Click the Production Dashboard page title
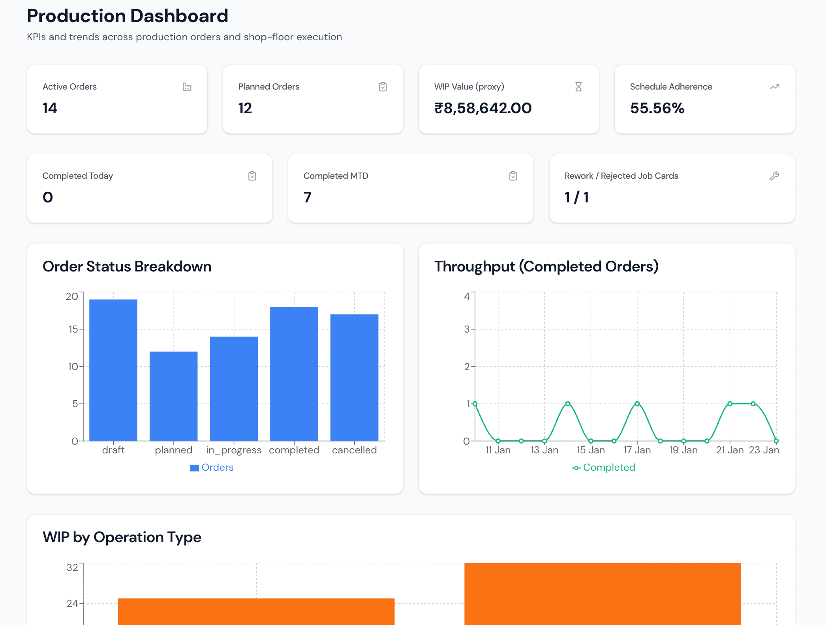tap(127, 16)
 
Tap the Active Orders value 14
tap(50, 108)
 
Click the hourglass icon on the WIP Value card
tap(578, 87)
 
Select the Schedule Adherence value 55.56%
tap(657, 108)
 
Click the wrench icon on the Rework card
tap(774, 176)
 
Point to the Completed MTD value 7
tap(308, 197)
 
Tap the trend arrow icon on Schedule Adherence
tap(774, 87)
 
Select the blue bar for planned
tap(174, 396)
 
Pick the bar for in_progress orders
tap(234, 389)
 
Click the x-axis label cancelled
tap(354, 450)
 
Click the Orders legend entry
tap(212, 468)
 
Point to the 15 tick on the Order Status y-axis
tap(73, 329)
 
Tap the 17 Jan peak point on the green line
tap(637, 404)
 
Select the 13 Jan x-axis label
tap(544, 450)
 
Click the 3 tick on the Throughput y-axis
tap(467, 329)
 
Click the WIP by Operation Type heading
tap(122, 537)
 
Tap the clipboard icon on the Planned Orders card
tap(383, 87)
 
